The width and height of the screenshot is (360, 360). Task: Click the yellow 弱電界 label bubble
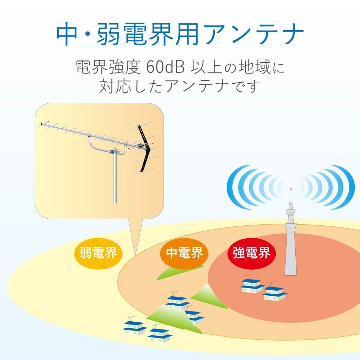(x=98, y=253)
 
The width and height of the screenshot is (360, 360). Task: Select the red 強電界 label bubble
(x=251, y=253)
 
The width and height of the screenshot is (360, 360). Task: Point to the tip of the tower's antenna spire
(x=291, y=189)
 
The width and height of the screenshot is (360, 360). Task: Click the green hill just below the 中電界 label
(x=172, y=272)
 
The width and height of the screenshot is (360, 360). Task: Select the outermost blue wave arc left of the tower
(x=234, y=186)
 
